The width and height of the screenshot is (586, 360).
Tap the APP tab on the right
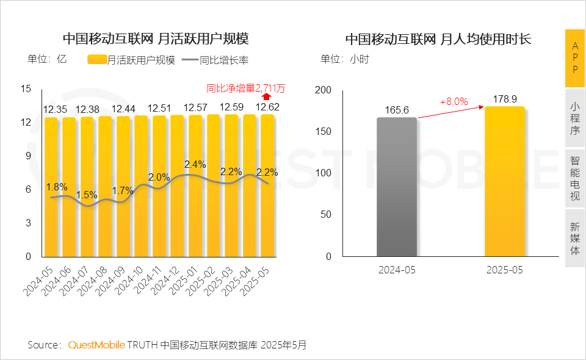click(575, 58)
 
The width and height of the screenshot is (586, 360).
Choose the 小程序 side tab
click(575, 118)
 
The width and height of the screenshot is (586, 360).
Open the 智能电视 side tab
click(575, 179)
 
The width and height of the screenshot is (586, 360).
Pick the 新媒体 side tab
click(575, 238)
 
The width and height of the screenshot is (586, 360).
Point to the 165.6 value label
click(397, 110)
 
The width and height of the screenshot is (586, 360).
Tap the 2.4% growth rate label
click(195, 165)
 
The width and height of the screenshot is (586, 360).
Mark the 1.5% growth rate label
click(87, 195)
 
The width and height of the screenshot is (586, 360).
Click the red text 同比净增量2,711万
click(245, 88)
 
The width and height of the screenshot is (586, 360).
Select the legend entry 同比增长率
click(224, 60)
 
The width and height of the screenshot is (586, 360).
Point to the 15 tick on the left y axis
click(26, 88)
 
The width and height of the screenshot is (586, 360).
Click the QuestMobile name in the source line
click(96, 345)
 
